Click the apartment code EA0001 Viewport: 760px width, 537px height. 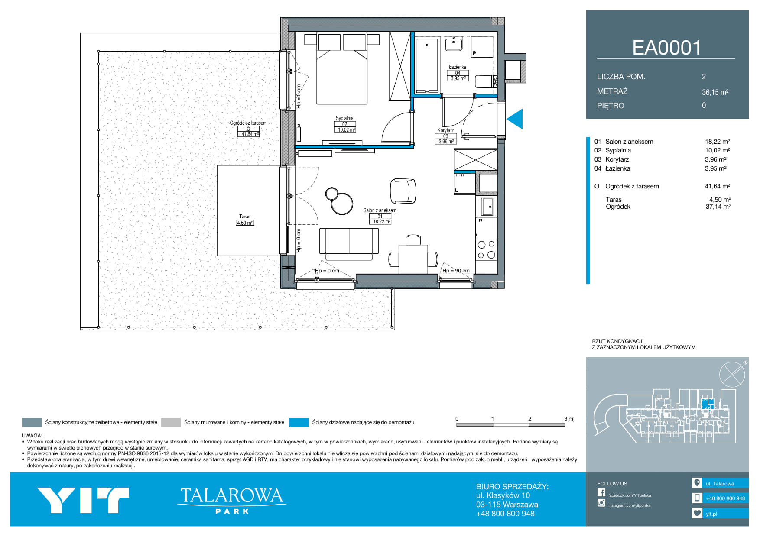pyautogui.click(x=666, y=48)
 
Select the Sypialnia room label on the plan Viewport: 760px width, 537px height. pyautogui.click(x=344, y=118)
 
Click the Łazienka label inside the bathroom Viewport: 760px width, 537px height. pyautogui.click(x=458, y=67)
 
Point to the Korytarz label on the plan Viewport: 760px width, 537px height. pyautogui.click(x=445, y=130)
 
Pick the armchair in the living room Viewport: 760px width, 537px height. pyautogui.click(x=403, y=191)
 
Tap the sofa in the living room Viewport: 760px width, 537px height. pyautogui.click(x=349, y=244)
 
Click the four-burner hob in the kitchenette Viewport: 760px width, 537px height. pyautogui.click(x=486, y=250)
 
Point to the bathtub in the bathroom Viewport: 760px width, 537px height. pyautogui.click(x=427, y=66)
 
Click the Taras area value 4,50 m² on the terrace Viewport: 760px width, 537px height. pyautogui.click(x=245, y=223)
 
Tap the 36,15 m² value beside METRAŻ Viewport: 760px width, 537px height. pyautogui.click(x=715, y=92)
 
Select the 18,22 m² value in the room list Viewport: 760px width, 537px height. pyautogui.click(x=717, y=142)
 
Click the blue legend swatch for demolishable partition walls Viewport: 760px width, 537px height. pyautogui.click(x=299, y=422)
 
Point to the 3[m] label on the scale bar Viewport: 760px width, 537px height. pyautogui.click(x=569, y=419)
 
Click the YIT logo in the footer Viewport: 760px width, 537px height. pyautogui.click(x=83, y=500)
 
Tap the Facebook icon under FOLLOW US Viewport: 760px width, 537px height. pyautogui.click(x=601, y=492)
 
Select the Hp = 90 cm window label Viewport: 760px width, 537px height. pyautogui.click(x=456, y=271)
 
